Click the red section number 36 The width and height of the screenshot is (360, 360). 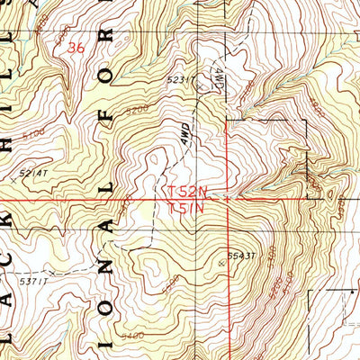click(x=80, y=51)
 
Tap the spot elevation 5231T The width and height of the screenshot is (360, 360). click(x=180, y=79)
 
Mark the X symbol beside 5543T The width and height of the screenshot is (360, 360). click(x=221, y=263)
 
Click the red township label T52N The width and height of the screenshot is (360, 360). click(x=187, y=191)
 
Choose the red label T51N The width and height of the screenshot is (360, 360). click(x=187, y=207)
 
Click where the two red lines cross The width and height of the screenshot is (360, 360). click(x=228, y=199)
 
